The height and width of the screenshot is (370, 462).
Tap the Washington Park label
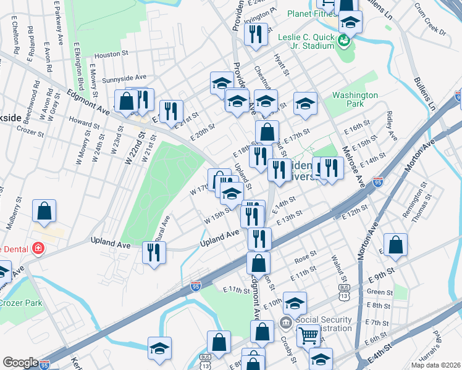(x=355, y=100)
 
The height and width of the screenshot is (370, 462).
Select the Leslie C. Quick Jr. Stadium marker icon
(x=345, y=41)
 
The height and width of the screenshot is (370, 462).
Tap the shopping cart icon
(x=308, y=336)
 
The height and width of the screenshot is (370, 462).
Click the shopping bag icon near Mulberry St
(x=45, y=212)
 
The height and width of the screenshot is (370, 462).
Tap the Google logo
(x=20, y=363)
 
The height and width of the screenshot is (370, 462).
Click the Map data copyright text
(x=435, y=365)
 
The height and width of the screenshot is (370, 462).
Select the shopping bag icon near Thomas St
(x=395, y=245)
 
